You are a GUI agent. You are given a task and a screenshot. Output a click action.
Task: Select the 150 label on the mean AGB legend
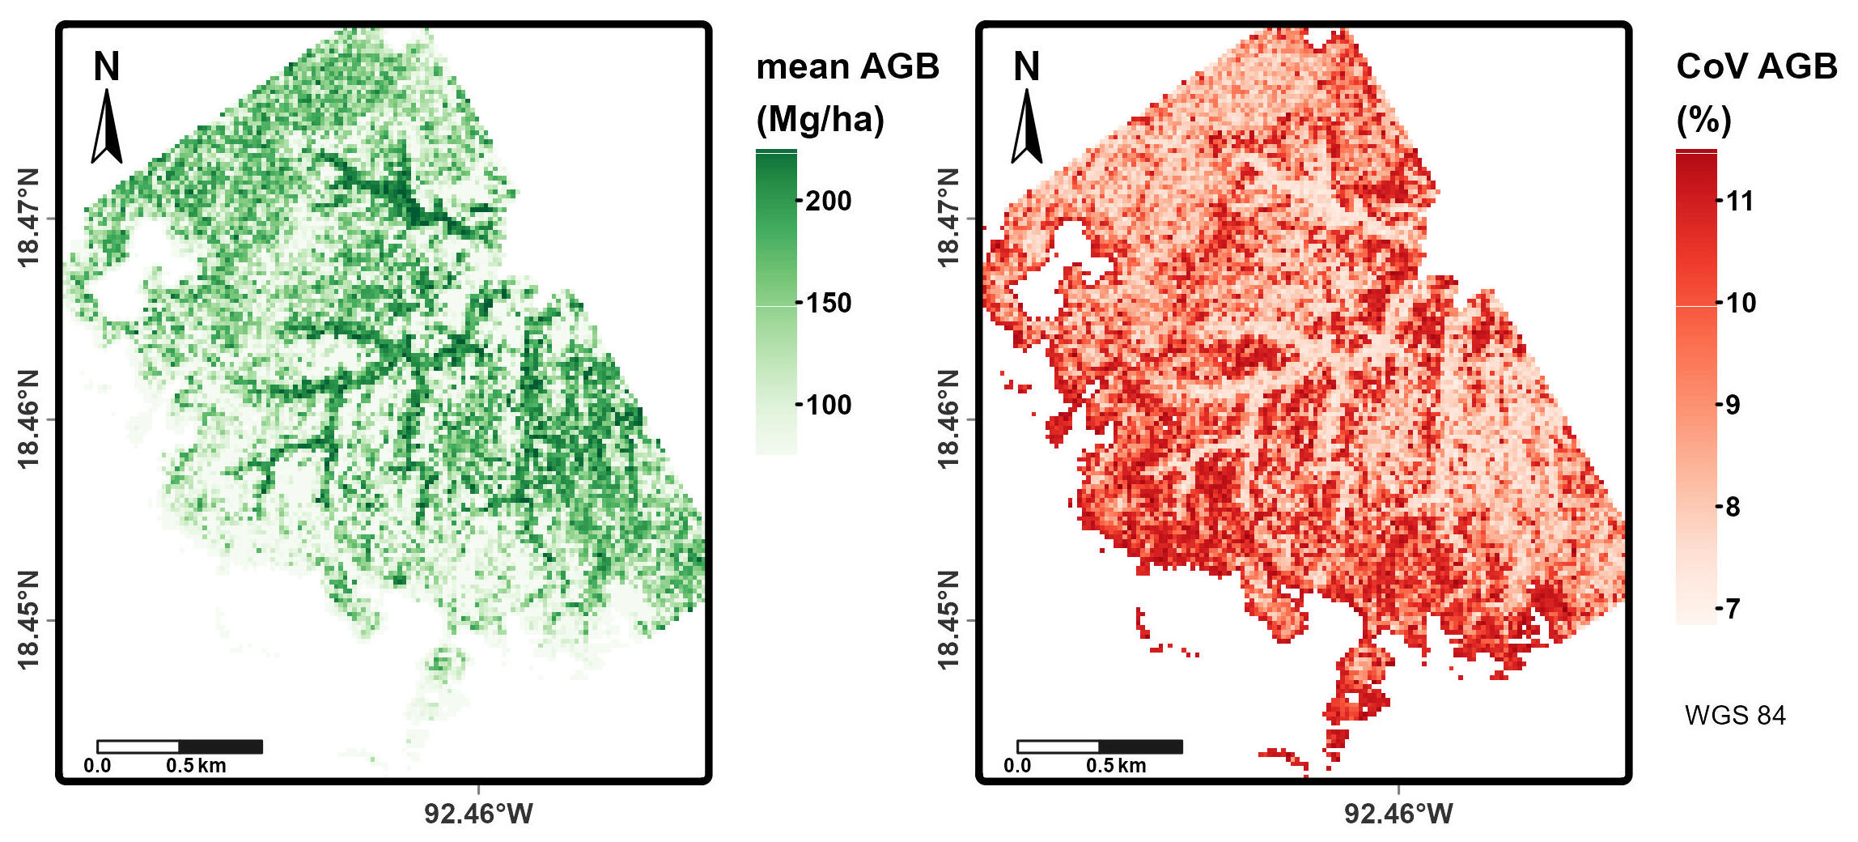pos(829,303)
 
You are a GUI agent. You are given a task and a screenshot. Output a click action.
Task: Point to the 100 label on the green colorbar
pos(829,405)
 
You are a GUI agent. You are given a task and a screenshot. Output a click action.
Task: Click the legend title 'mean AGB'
pos(847,66)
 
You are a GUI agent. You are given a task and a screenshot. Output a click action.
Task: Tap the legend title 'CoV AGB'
pos(1756,66)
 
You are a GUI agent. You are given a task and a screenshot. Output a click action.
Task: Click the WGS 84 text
pos(1735,716)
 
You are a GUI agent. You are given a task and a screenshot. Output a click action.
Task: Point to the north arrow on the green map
pos(106,126)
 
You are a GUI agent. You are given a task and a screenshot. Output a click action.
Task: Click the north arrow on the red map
pos(1026,126)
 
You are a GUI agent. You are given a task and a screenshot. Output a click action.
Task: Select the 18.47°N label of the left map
pos(28,218)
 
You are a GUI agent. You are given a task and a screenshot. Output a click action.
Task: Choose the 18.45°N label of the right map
pos(948,620)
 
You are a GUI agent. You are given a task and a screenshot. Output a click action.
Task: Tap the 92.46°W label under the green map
pos(478,814)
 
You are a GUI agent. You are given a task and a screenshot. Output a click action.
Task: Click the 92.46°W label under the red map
pos(1398,814)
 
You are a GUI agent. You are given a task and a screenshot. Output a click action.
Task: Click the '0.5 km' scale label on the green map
pos(197,766)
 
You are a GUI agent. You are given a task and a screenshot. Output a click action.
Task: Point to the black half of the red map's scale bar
pos(1140,746)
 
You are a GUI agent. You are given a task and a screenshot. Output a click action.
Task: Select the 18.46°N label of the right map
pos(948,419)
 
